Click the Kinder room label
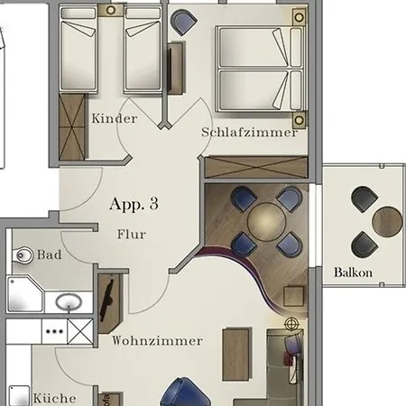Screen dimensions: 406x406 point(115,118)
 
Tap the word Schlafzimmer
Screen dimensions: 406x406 point(250,132)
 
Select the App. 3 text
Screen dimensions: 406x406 point(134,204)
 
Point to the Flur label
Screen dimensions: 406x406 point(131,235)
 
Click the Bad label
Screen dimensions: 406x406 point(50,255)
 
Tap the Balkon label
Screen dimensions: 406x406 point(353,272)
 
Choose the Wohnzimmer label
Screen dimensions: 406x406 point(158,341)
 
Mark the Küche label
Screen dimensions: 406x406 point(54,398)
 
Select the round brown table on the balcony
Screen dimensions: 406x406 point(387,219)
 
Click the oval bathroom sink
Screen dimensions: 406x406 point(67,302)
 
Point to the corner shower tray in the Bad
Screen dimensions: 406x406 point(24,295)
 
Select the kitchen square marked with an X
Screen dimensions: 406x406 point(79,331)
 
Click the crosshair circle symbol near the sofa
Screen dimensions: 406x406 point(291,323)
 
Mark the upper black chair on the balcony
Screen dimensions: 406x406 point(364,198)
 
